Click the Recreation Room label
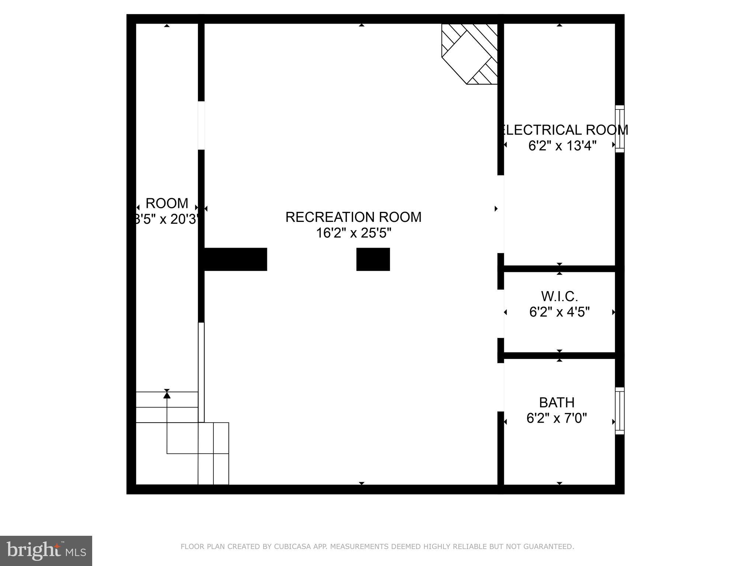click(353, 217)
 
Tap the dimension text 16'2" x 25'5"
click(353, 233)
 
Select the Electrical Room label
click(564, 130)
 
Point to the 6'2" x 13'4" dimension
click(562, 146)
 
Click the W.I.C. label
click(559, 296)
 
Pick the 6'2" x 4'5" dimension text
click(559, 312)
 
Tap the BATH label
click(557, 402)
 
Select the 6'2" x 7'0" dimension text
click(557, 418)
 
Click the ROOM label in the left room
click(167, 203)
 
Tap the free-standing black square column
click(373, 259)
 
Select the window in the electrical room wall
click(620, 129)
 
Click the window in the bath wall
click(620, 410)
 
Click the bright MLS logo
click(46, 551)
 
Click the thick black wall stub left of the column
click(235, 259)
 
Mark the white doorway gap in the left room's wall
click(201, 125)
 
